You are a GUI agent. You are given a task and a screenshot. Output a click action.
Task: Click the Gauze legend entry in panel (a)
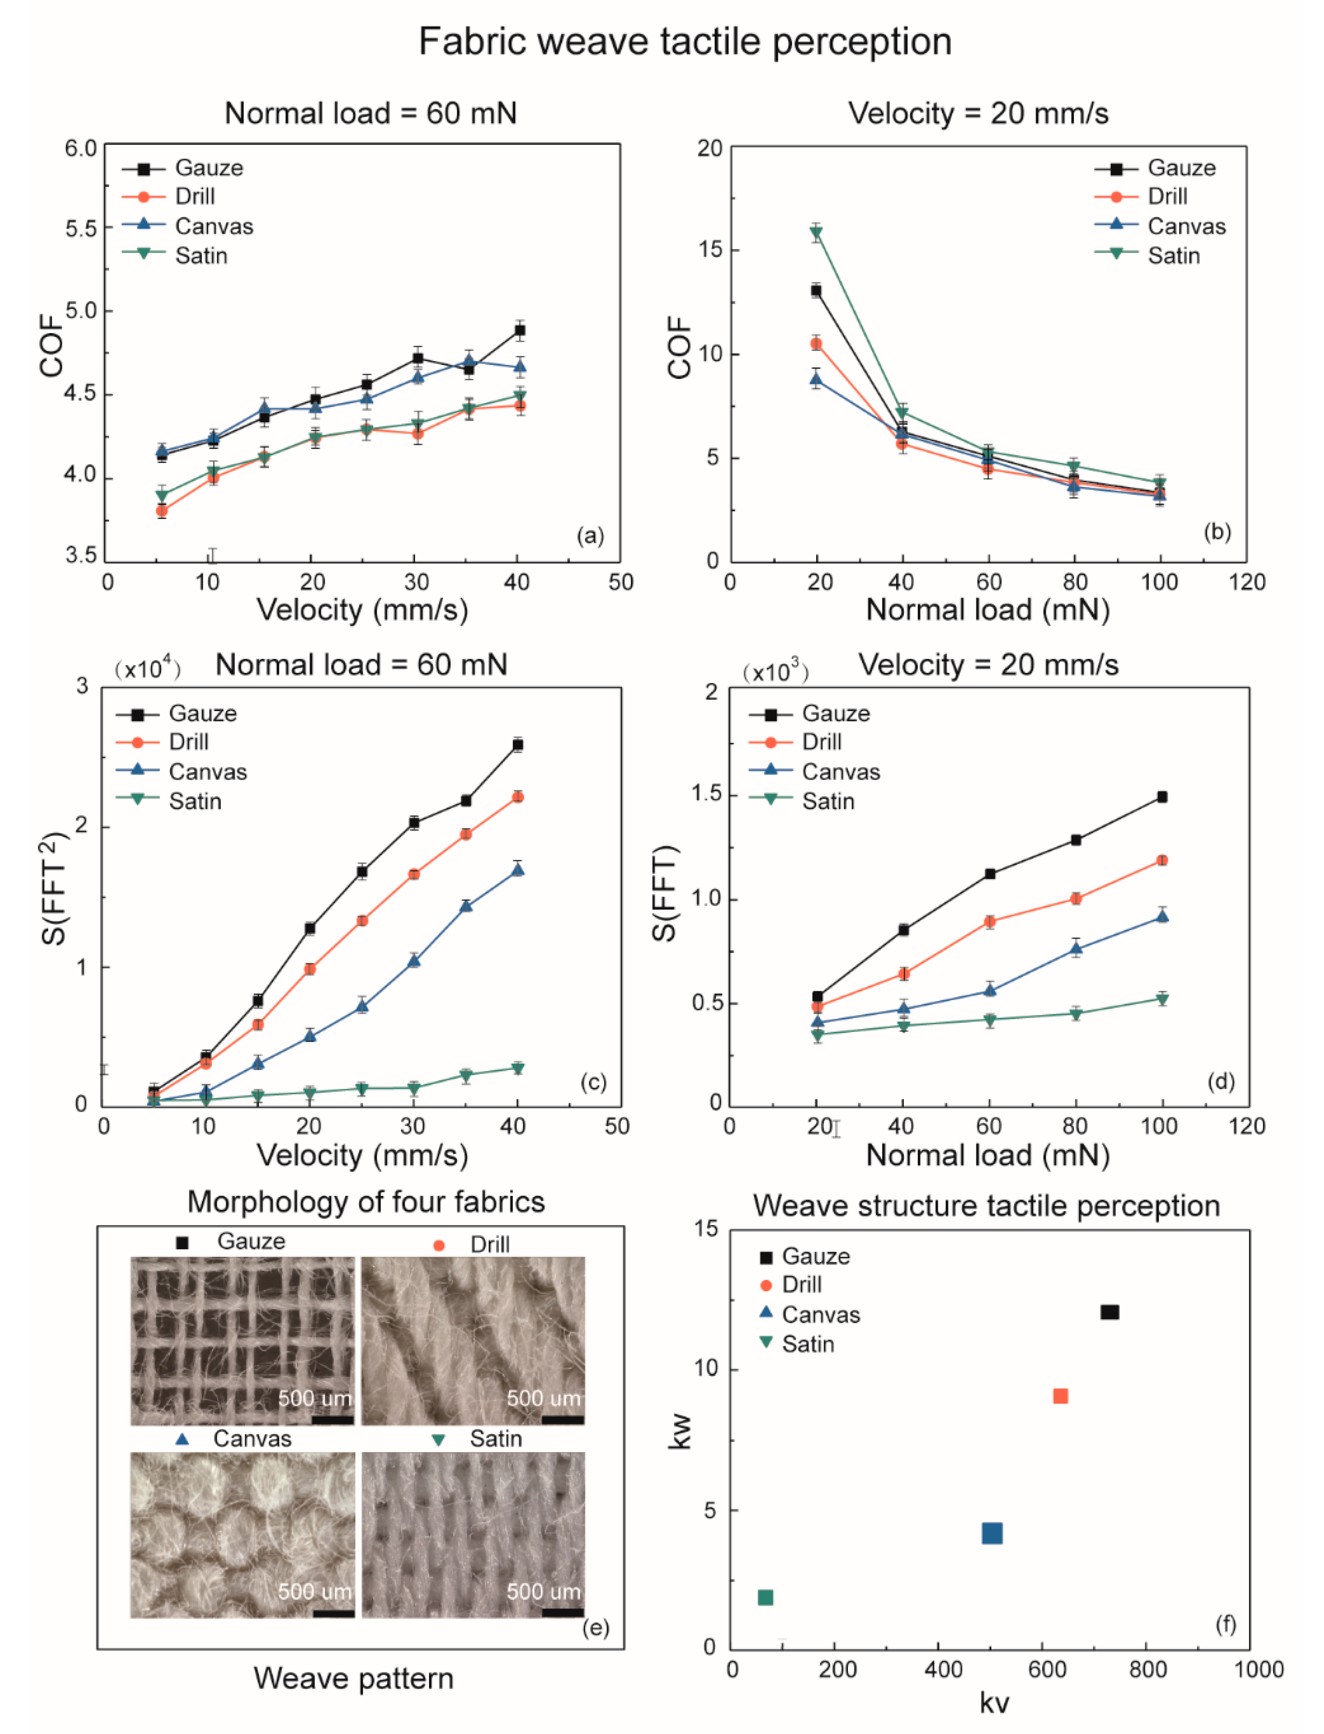183,168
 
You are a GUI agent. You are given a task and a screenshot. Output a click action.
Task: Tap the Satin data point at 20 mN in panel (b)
817,233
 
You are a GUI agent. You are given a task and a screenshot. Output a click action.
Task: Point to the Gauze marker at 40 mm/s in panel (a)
519,330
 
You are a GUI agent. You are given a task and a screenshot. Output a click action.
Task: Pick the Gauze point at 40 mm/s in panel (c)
518,744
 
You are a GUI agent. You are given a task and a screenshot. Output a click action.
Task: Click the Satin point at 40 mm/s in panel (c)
518,1068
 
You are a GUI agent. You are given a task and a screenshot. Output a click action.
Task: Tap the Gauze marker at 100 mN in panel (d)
1162,797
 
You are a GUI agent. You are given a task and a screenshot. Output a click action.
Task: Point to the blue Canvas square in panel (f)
992,1533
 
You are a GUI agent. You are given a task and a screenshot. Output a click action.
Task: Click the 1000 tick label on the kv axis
1259,1669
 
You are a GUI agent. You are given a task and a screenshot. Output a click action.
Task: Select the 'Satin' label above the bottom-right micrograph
496,1439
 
